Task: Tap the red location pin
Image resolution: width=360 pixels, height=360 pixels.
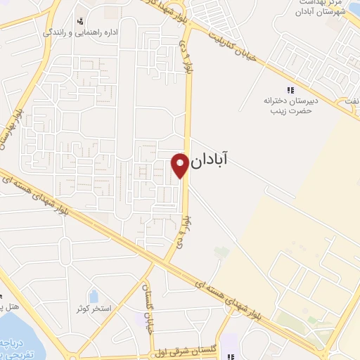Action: [x=180, y=165]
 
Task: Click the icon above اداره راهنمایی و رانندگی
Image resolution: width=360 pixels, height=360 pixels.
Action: [x=81, y=20]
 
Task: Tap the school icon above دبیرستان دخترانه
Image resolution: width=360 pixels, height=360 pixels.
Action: [x=290, y=90]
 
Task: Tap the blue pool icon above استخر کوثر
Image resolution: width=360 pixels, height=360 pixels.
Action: [x=94, y=296]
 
